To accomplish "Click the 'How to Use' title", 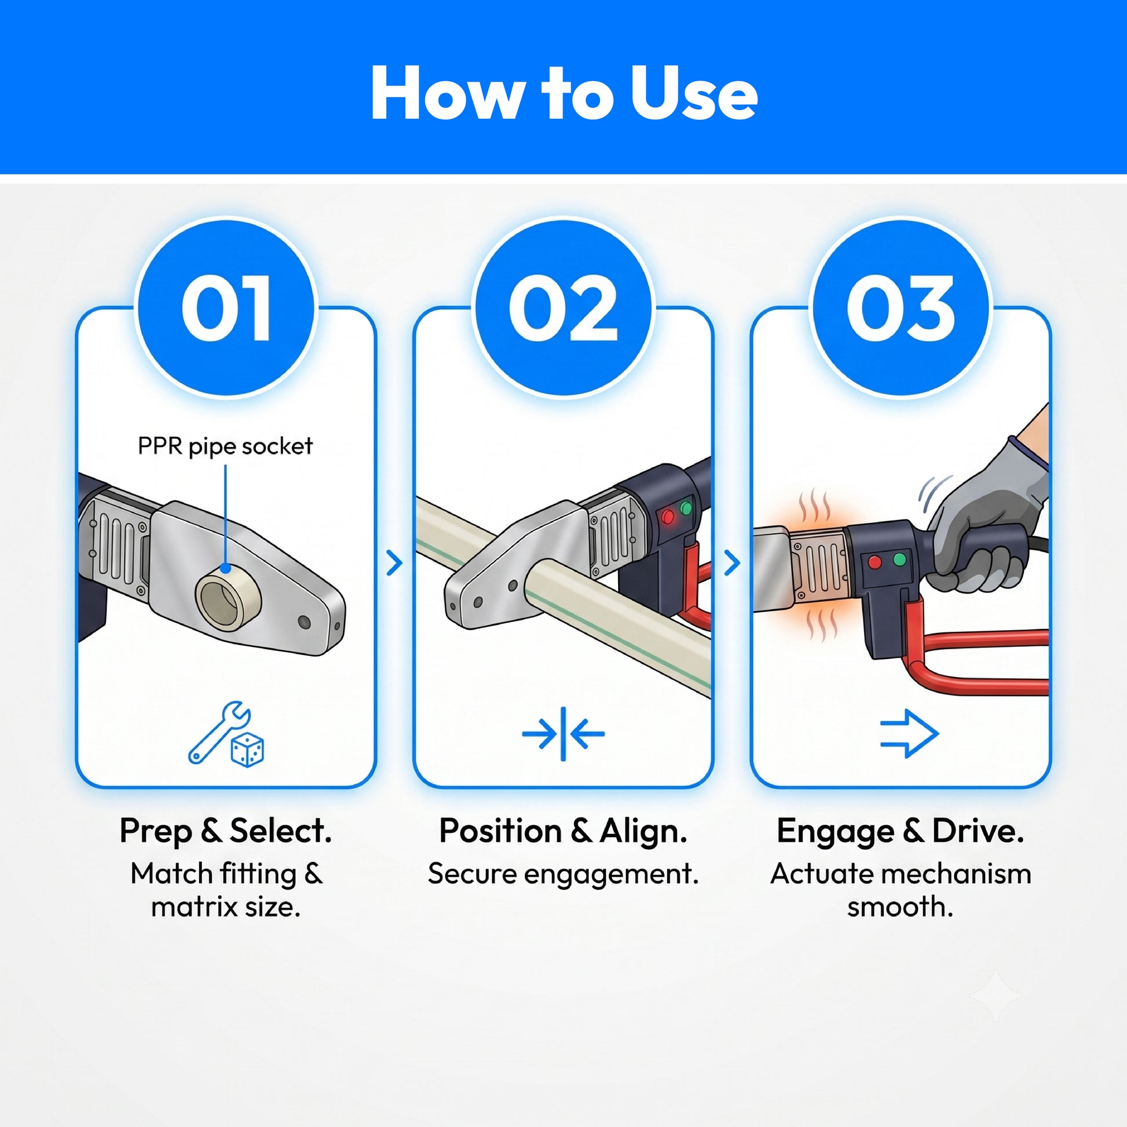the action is (563, 93).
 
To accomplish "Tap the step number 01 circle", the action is (226, 308).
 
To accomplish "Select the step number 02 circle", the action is (563, 308).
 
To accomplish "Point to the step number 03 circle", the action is (901, 308).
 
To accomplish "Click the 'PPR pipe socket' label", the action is (225, 447).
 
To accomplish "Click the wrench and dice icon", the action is (226, 733).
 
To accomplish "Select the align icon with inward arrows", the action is (563, 734).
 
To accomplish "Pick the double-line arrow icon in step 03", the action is (909, 733).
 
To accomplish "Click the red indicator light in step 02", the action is (668, 517).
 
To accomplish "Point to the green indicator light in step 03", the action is (900, 559).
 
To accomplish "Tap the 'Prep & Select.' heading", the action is (226, 831).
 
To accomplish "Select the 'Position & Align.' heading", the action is (563, 831).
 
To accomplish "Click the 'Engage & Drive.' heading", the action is (901, 831).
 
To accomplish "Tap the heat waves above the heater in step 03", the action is (814, 506).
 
